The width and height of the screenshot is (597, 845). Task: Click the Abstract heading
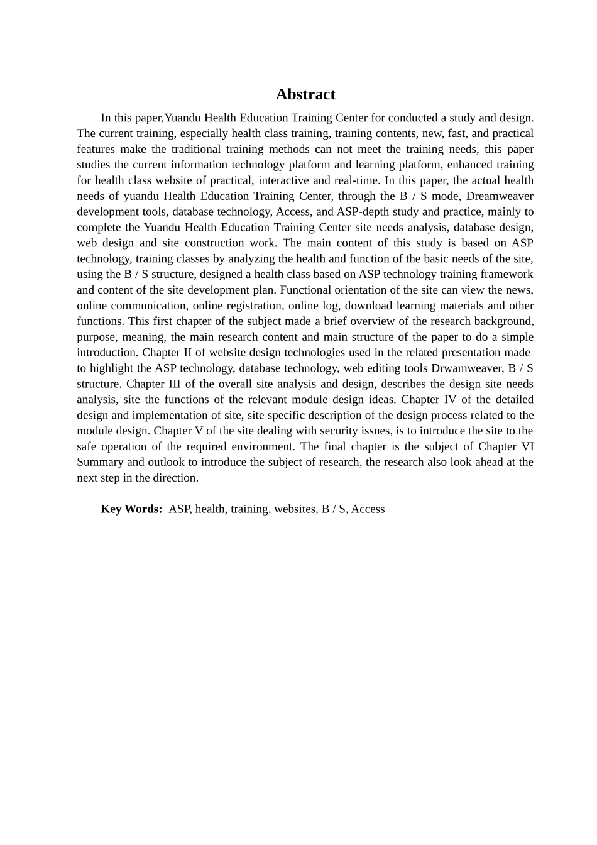click(305, 94)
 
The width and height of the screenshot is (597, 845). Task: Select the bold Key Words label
click(131, 509)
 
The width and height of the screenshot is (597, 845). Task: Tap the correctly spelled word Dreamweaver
click(500, 196)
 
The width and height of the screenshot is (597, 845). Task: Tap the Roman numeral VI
click(527, 446)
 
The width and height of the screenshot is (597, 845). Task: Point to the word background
click(504, 321)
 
